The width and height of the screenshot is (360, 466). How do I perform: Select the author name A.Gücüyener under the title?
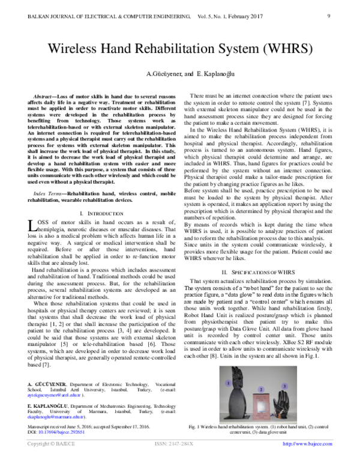click(161, 73)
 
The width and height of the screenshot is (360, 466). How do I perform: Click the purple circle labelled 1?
click(228, 382)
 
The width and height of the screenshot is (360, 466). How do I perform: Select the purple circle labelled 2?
click(260, 390)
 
